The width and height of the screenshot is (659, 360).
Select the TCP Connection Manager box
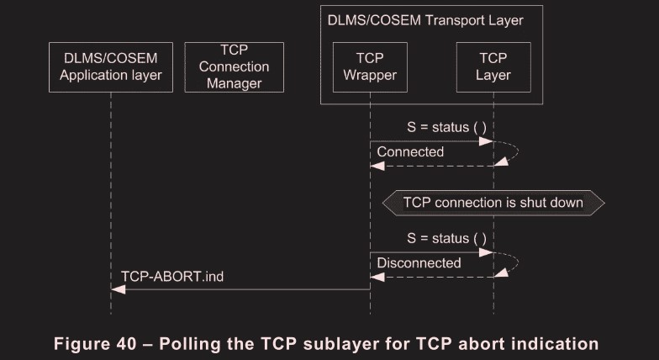234,67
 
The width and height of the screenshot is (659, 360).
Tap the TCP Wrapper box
370,67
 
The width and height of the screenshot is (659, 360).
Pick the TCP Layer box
493,67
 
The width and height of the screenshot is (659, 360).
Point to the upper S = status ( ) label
446,127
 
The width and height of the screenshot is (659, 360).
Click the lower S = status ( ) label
446,238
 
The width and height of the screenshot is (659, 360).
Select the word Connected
410,152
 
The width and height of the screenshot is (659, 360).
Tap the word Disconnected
419,263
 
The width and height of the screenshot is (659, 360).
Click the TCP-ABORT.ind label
172,276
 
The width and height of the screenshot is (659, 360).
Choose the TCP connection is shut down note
493,203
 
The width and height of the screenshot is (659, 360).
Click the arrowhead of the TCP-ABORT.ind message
118,289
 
